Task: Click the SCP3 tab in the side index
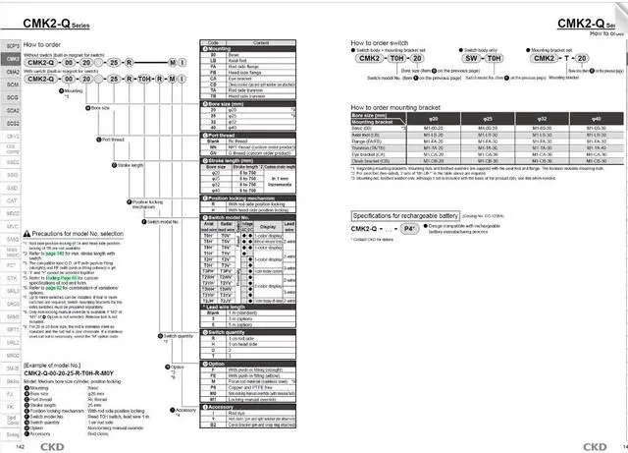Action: coord(12,46)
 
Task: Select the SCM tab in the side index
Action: coord(12,85)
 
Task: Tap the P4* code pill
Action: coord(416,228)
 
